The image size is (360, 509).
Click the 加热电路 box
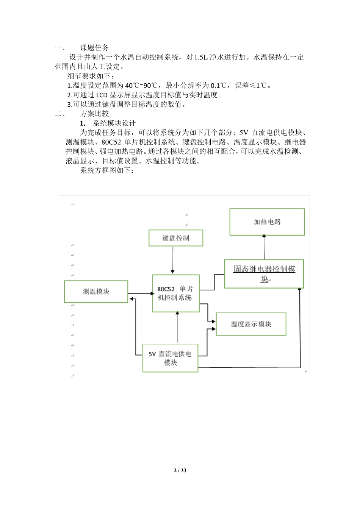(x=267, y=222)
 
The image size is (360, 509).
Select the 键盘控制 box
(x=176, y=238)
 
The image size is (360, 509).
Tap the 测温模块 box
(x=96, y=292)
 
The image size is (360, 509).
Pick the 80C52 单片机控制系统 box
(x=175, y=293)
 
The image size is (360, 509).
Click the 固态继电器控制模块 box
(x=264, y=274)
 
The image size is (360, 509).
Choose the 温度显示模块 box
(x=251, y=324)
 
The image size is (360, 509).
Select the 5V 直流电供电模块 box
(x=170, y=358)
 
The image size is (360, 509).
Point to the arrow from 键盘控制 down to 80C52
(x=173, y=260)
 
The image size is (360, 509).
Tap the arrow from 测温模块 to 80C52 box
(x=140, y=294)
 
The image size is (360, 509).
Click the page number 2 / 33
(x=180, y=470)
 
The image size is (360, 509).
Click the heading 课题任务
(x=94, y=48)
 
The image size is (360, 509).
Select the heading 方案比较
(x=94, y=114)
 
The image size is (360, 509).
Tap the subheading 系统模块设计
(x=114, y=123)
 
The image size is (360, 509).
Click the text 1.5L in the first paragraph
(x=201, y=57)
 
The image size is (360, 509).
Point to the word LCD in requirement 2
(x=102, y=95)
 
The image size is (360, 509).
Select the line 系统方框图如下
(x=107, y=170)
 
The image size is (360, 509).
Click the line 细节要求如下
(x=91, y=76)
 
